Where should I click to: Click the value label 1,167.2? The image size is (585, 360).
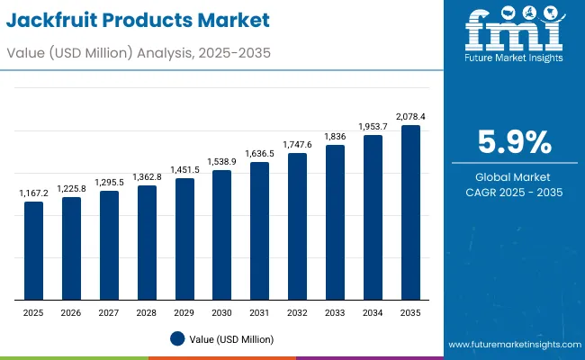(x=33, y=193)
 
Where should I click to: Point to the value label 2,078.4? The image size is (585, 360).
(x=410, y=117)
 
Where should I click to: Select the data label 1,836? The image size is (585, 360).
(x=335, y=137)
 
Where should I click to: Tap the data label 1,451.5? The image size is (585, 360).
(x=184, y=169)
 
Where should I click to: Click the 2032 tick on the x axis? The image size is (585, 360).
(x=297, y=312)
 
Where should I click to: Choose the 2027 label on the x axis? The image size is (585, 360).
(x=109, y=312)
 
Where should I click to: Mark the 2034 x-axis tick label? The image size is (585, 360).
(x=373, y=312)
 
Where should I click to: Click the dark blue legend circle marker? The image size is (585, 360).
(x=177, y=338)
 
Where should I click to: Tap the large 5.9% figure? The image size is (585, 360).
(x=512, y=143)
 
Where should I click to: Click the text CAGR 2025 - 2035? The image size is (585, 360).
(x=512, y=193)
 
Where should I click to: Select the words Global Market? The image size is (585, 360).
(x=512, y=177)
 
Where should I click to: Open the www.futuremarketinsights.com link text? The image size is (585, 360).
(x=509, y=345)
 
